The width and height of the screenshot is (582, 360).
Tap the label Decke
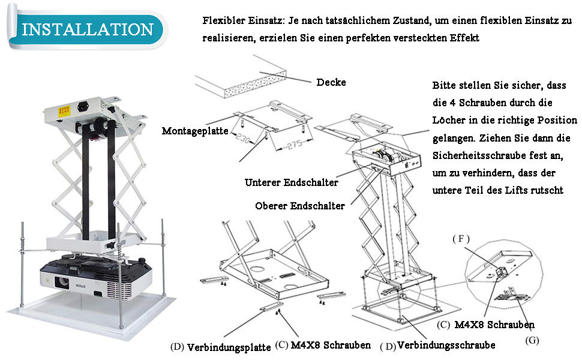pos(331,82)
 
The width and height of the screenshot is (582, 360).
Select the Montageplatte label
pos(195,130)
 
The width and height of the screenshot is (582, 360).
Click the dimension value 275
pos(286,147)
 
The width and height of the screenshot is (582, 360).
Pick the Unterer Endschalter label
pos(291,182)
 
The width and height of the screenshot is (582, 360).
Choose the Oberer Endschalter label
pos(299,206)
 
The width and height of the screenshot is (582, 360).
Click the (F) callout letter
pos(460,239)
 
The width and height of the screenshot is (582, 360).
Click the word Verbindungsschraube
pos(446,345)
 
